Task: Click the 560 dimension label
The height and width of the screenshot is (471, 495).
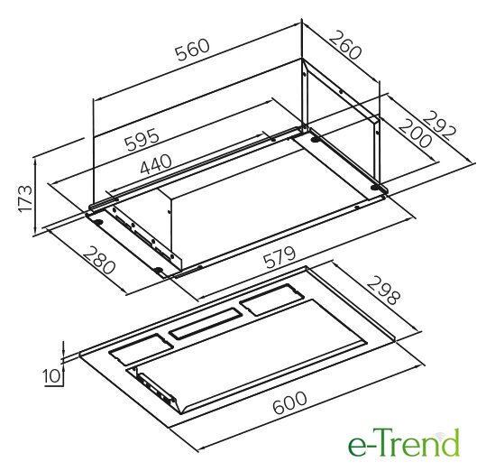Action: (193, 50)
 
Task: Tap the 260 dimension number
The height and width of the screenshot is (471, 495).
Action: (345, 44)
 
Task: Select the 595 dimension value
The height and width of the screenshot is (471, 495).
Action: (142, 139)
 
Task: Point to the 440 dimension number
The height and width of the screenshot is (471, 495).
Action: (156, 164)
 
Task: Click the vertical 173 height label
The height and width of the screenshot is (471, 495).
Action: (25, 199)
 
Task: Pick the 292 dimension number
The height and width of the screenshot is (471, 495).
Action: (439, 126)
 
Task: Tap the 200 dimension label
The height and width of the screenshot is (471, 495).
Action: (415, 134)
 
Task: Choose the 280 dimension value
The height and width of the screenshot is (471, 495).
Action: (98, 260)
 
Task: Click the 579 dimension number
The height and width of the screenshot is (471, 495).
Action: (280, 257)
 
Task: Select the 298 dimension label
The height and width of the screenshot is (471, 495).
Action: (383, 291)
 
